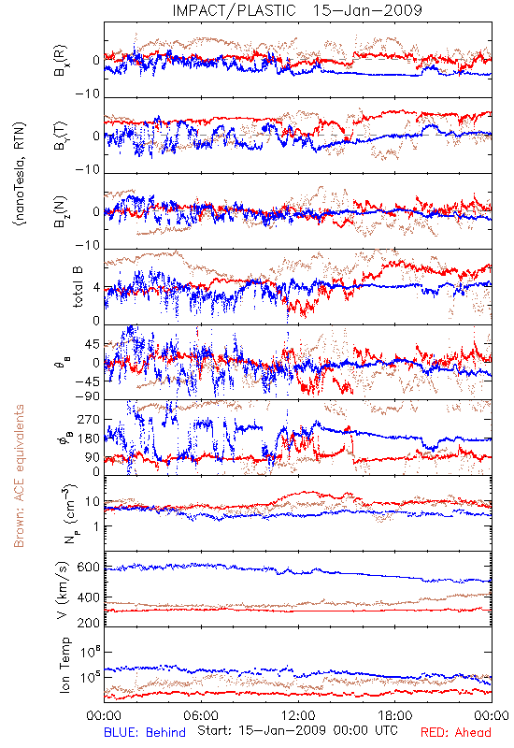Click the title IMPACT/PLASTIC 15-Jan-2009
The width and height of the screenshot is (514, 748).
pos(297,10)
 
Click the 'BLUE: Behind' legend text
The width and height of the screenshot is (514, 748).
pos(145,732)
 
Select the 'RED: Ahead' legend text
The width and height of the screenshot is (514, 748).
pos(456,732)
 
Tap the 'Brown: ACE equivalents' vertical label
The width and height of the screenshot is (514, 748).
pos(19,476)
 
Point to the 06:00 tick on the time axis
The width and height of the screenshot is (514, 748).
pos(200,715)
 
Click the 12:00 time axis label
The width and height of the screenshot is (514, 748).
pos(298,715)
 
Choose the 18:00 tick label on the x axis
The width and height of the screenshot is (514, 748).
pos(395,715)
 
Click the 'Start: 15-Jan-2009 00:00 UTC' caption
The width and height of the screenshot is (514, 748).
pos(297,730)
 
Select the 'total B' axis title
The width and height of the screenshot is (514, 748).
pos(78,287)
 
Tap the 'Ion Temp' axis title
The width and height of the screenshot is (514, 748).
pos(64,665)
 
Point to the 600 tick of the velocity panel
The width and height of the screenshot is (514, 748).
pos(89,568)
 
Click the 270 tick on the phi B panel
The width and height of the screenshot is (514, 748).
pos(89,419)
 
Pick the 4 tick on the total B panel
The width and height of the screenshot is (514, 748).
pos(96,288)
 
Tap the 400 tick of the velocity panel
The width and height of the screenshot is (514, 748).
pos(89,597)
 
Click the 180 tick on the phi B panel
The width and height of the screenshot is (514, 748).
pos(89,439)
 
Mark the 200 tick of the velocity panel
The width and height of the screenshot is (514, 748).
pos(89,623)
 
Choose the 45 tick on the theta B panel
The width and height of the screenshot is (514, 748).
pos(93,344)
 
